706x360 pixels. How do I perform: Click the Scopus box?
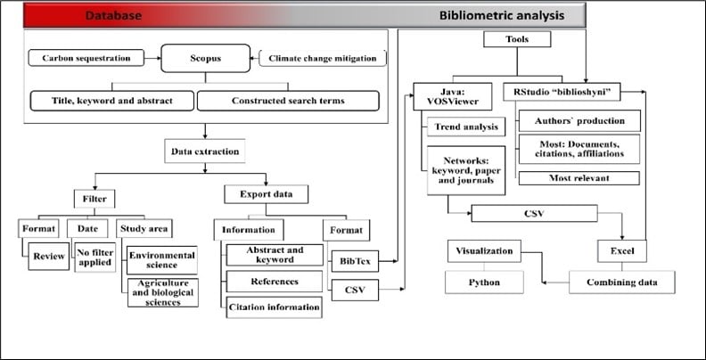coord(205,58)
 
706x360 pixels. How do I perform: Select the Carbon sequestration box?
coord(86,58)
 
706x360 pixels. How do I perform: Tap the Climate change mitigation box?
coord(323,58)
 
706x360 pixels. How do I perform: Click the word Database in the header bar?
coord(113,16)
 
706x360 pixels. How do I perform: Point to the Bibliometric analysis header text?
coord(502,16)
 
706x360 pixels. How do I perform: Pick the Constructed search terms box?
coord(288,101)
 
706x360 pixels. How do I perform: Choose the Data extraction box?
coord(205,151)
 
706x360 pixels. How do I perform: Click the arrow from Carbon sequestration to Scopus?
coord(152,58)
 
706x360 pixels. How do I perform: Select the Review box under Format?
coord(49,256)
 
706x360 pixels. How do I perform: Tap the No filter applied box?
coord(95,258)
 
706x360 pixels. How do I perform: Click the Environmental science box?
coord(162,260)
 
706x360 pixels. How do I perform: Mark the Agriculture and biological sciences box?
coord(163,292)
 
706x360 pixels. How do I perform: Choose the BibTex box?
coord(356,261)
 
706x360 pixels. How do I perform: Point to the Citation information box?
coord(275,307)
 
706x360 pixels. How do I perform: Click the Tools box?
coord(517,39)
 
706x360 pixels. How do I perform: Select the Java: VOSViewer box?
coord(453,96)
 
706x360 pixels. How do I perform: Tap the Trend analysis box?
coord(466,127)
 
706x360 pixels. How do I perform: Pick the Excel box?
coord(622,251)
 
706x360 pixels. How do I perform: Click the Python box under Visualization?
coord(484,282)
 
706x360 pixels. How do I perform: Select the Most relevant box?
coord(579,178)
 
